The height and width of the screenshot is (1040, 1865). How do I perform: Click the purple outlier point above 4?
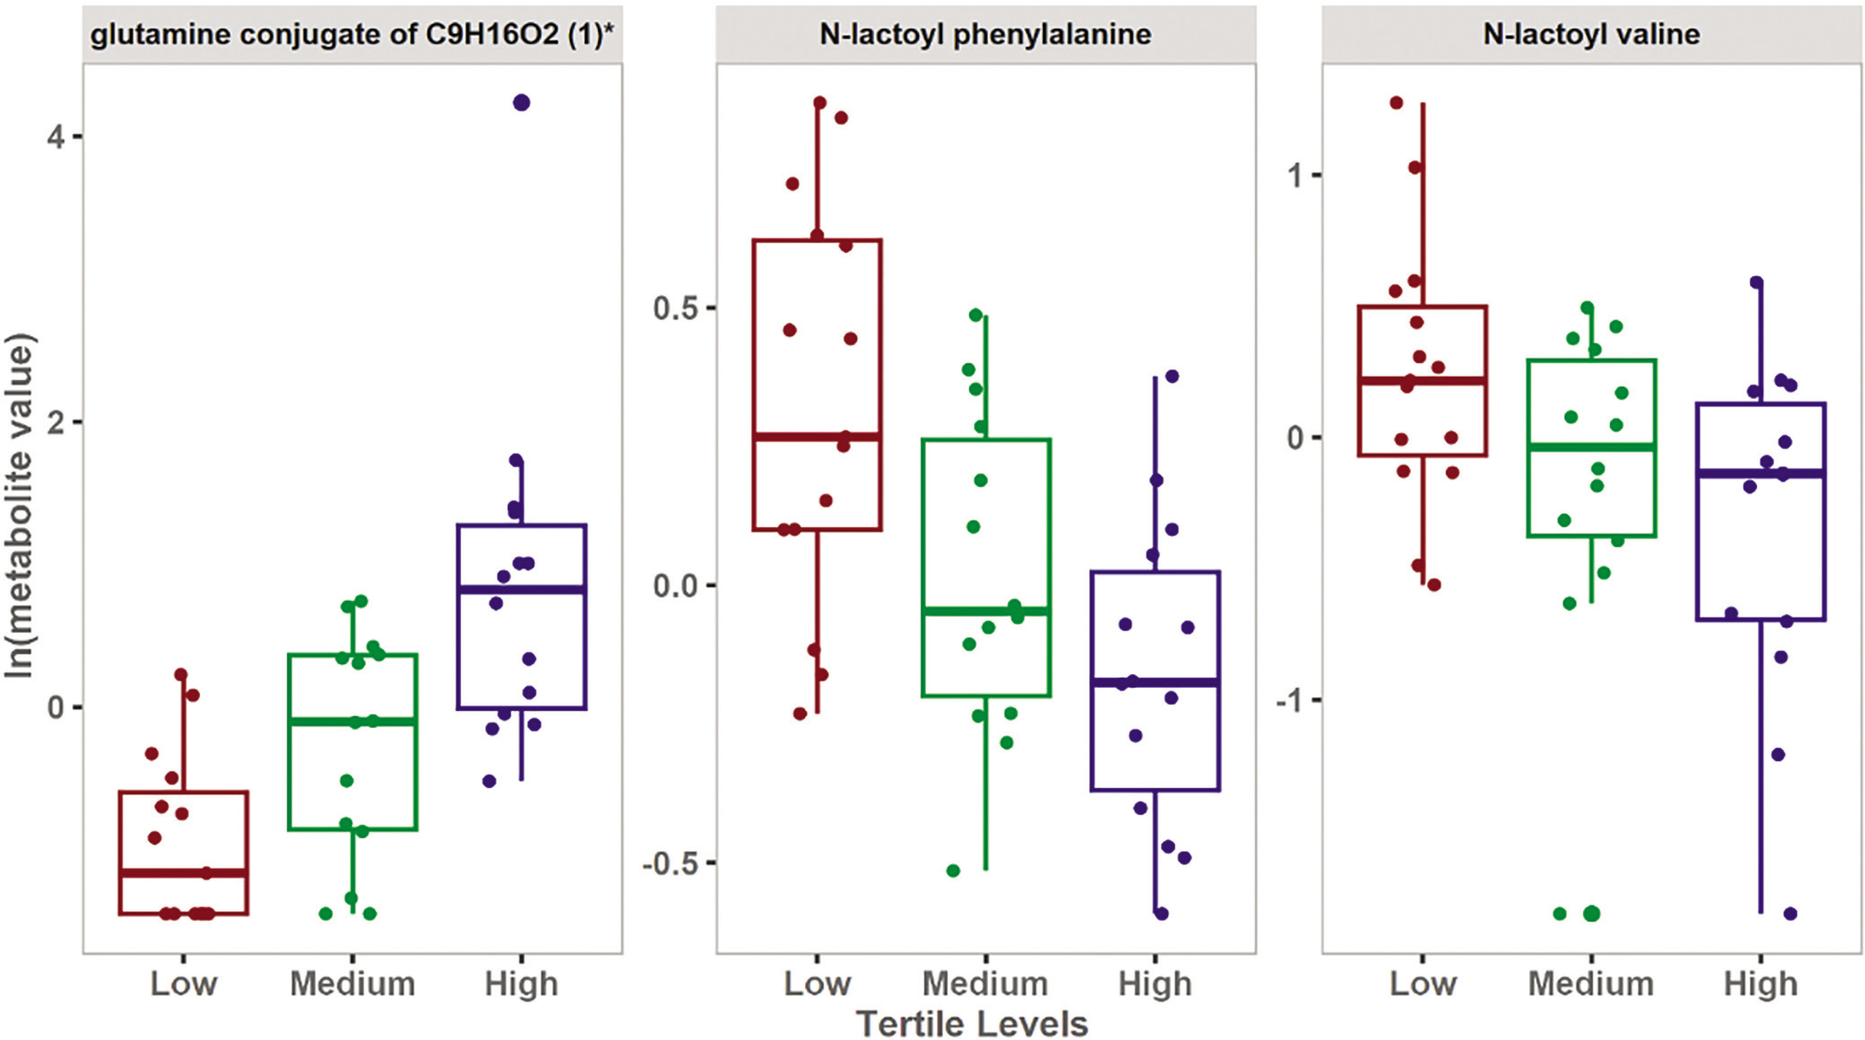521,103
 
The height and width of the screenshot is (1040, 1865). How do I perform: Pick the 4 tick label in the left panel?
56,136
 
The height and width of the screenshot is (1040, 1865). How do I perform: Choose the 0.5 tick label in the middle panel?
673,308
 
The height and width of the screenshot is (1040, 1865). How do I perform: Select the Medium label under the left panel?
353,984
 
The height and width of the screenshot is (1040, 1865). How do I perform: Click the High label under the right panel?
1760,984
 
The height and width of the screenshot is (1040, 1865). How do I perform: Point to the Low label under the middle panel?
817,984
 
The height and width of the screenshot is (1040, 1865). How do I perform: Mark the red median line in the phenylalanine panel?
817,437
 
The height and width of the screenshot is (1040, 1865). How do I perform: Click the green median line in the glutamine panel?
353,722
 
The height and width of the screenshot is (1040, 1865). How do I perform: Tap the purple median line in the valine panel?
1760,473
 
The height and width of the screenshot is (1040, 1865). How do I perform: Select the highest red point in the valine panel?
1397,103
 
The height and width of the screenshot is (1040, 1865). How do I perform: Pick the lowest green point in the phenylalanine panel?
953,871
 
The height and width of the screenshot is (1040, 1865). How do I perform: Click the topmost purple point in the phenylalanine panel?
1172,376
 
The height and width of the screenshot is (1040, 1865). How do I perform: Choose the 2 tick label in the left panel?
56,422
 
